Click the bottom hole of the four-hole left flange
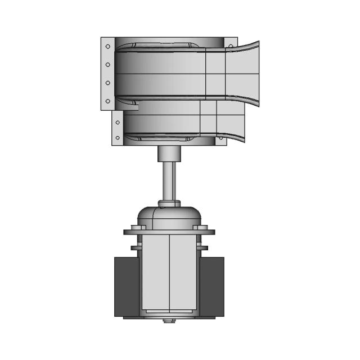point(107,101)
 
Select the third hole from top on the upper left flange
point(107,83)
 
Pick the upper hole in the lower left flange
point(117,120)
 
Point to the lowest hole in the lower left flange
point(117,137)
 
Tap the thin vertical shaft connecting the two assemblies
point(169,180)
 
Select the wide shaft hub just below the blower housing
point(169,153)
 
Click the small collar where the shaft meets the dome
point(169,202)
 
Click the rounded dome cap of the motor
point(169,215)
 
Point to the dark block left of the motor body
point(126,287)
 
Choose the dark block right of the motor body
point(213,287)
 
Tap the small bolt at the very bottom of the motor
point(169,321)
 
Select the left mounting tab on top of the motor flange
point(135,227)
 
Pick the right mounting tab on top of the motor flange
point(203,227)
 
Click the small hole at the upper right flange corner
point(231,44)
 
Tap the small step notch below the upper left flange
point(135,105)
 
